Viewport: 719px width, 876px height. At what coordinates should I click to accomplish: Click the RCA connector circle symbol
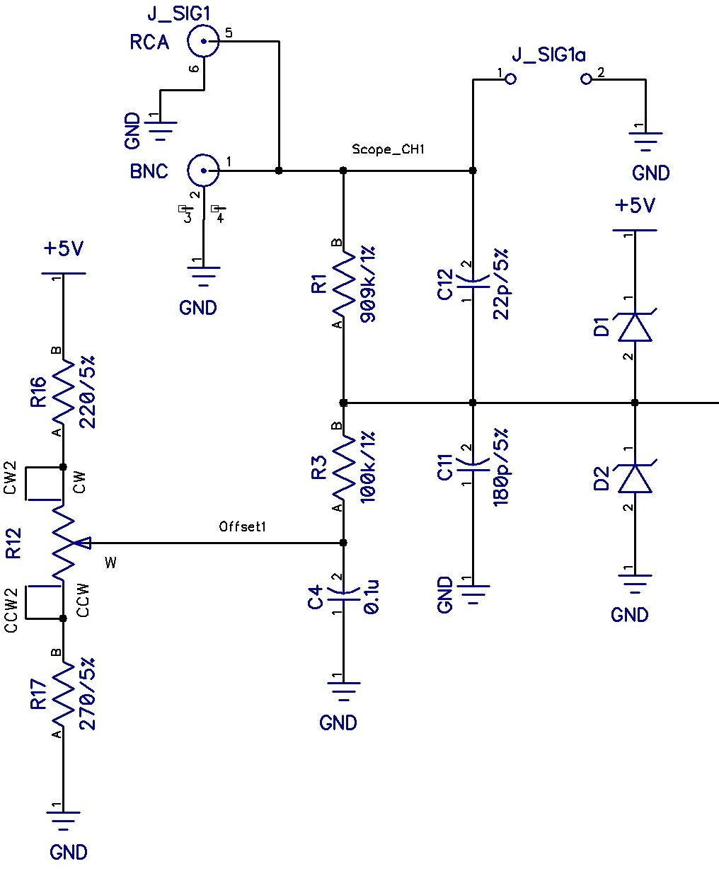[203, 42]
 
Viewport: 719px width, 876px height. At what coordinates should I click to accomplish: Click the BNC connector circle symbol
[203, 170]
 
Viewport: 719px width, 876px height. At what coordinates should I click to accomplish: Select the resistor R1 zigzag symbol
[343, 286]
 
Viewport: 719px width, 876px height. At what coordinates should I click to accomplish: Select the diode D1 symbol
[635, 326]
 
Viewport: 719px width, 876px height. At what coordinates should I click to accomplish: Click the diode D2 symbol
[635, 478]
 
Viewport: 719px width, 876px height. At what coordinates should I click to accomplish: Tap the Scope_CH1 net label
[389, 150]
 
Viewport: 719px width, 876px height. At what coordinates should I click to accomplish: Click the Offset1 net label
[243, 526]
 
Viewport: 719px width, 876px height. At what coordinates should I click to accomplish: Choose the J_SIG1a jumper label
[548, 55]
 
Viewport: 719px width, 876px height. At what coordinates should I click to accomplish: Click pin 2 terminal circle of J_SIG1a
[586, 79]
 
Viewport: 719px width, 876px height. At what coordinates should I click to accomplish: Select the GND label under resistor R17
[69, 852]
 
